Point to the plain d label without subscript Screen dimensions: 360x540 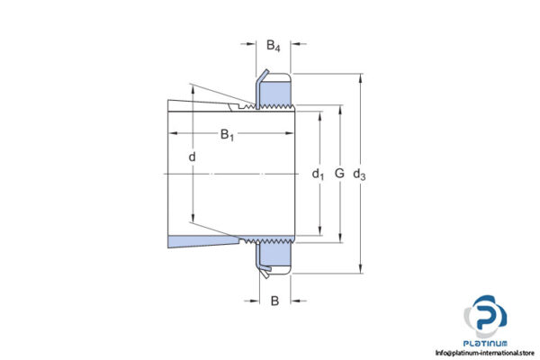tap(192, 158)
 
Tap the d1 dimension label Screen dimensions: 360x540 tap(317, 174)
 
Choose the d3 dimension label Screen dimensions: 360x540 tap(360, 174)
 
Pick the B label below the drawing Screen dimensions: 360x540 tap(274, 301)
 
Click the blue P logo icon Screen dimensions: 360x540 tap(487, 317)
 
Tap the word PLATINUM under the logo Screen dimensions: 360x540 tap(488, 343)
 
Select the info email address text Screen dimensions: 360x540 tap(484, 353)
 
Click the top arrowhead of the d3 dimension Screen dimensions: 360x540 tap(361, 76)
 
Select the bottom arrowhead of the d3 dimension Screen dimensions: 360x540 tap(361, 268)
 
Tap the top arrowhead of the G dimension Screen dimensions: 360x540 tap(339, 110)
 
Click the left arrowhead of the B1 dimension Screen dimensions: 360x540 tap(173, 135)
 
